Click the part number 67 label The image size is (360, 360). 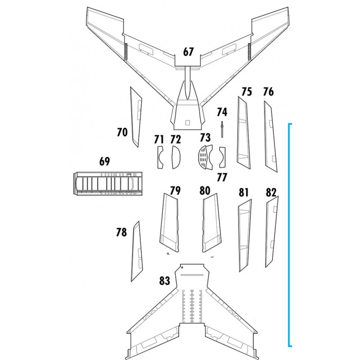(x=188, y=52)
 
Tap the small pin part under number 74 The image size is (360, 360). (x=222, y=130)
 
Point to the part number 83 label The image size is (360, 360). (x=164, y=281)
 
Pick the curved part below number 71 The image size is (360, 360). (x=160, y=157)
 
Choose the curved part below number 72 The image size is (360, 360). (x=175, y=157)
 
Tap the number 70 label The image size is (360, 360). (x=122, y=132)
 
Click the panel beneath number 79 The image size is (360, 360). (x=170, y=222)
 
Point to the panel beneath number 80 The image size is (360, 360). (x=211, y=222)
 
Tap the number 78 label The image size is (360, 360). (x=121, y=232)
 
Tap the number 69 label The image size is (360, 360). (x=104, y=162)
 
